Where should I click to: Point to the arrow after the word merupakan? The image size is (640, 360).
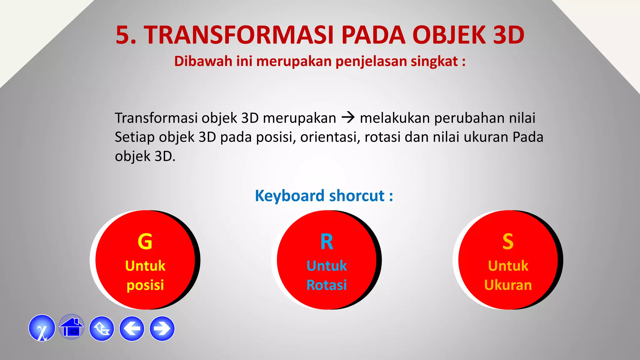pos(348,117)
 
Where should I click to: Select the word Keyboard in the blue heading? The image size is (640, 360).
pos(289,196)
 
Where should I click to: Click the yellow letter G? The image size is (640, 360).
pos(145,242)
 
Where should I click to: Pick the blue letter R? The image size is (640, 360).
pos(327,242)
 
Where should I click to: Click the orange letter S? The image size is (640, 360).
pos(508,242)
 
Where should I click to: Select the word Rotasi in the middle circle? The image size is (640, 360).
pos(327,285)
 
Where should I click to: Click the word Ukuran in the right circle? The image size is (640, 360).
pos(508,285)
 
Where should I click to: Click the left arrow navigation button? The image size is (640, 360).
pos(132,328)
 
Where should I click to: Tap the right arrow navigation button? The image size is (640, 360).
pos(162,328)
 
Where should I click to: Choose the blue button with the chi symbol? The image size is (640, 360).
pos(42,328)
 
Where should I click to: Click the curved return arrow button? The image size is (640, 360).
pos(102,328)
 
